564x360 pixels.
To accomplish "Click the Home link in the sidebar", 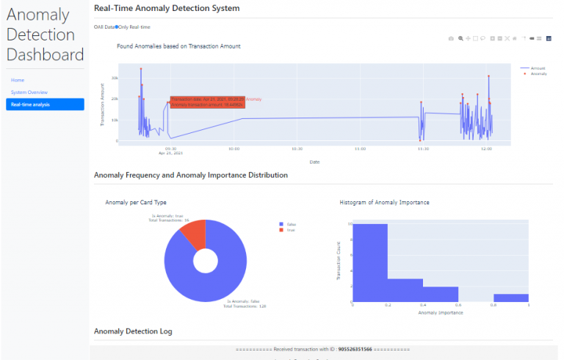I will coord(18,79).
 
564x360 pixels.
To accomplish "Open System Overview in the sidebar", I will coord(29,92).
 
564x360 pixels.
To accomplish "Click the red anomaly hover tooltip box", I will coord(206,101).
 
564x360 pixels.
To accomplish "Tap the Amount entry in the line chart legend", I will coord(537,68).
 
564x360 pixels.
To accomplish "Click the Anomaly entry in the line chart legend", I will coord(538,73).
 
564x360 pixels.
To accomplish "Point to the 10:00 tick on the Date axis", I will coord(233,148).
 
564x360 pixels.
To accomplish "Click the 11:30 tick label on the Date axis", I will coord(420,148).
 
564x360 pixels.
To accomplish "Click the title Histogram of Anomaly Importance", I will coord(384,201).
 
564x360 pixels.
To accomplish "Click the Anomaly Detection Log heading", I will coord(133,331).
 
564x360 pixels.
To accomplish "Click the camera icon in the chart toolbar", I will coord(451,37).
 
